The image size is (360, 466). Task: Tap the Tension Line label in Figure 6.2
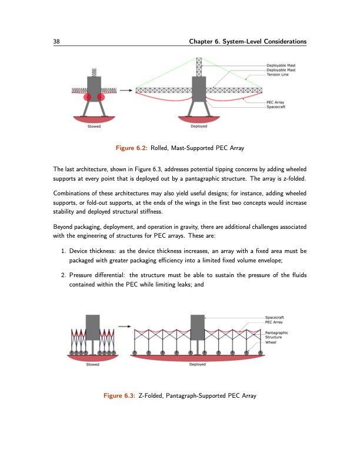(279, 75)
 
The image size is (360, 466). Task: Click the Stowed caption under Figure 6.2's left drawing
(94, 126)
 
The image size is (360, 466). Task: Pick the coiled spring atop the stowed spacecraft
(94, 72)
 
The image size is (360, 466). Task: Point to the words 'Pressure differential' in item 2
(95, 274)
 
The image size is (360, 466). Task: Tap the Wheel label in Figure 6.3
(271, 342)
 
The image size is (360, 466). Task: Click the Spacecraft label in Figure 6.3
(277, 318)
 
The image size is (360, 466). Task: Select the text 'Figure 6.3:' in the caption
(119, 394)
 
